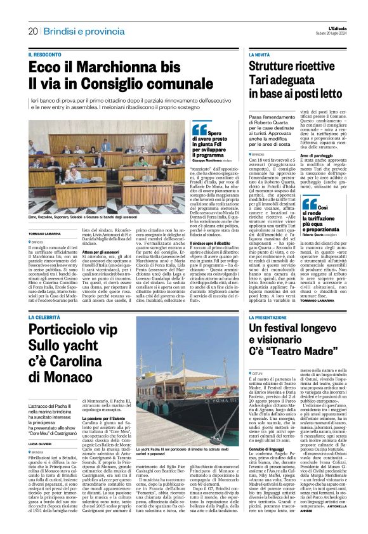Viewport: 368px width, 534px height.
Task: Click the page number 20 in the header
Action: point(33,31)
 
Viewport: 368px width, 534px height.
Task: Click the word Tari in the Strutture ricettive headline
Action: point(260,80)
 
